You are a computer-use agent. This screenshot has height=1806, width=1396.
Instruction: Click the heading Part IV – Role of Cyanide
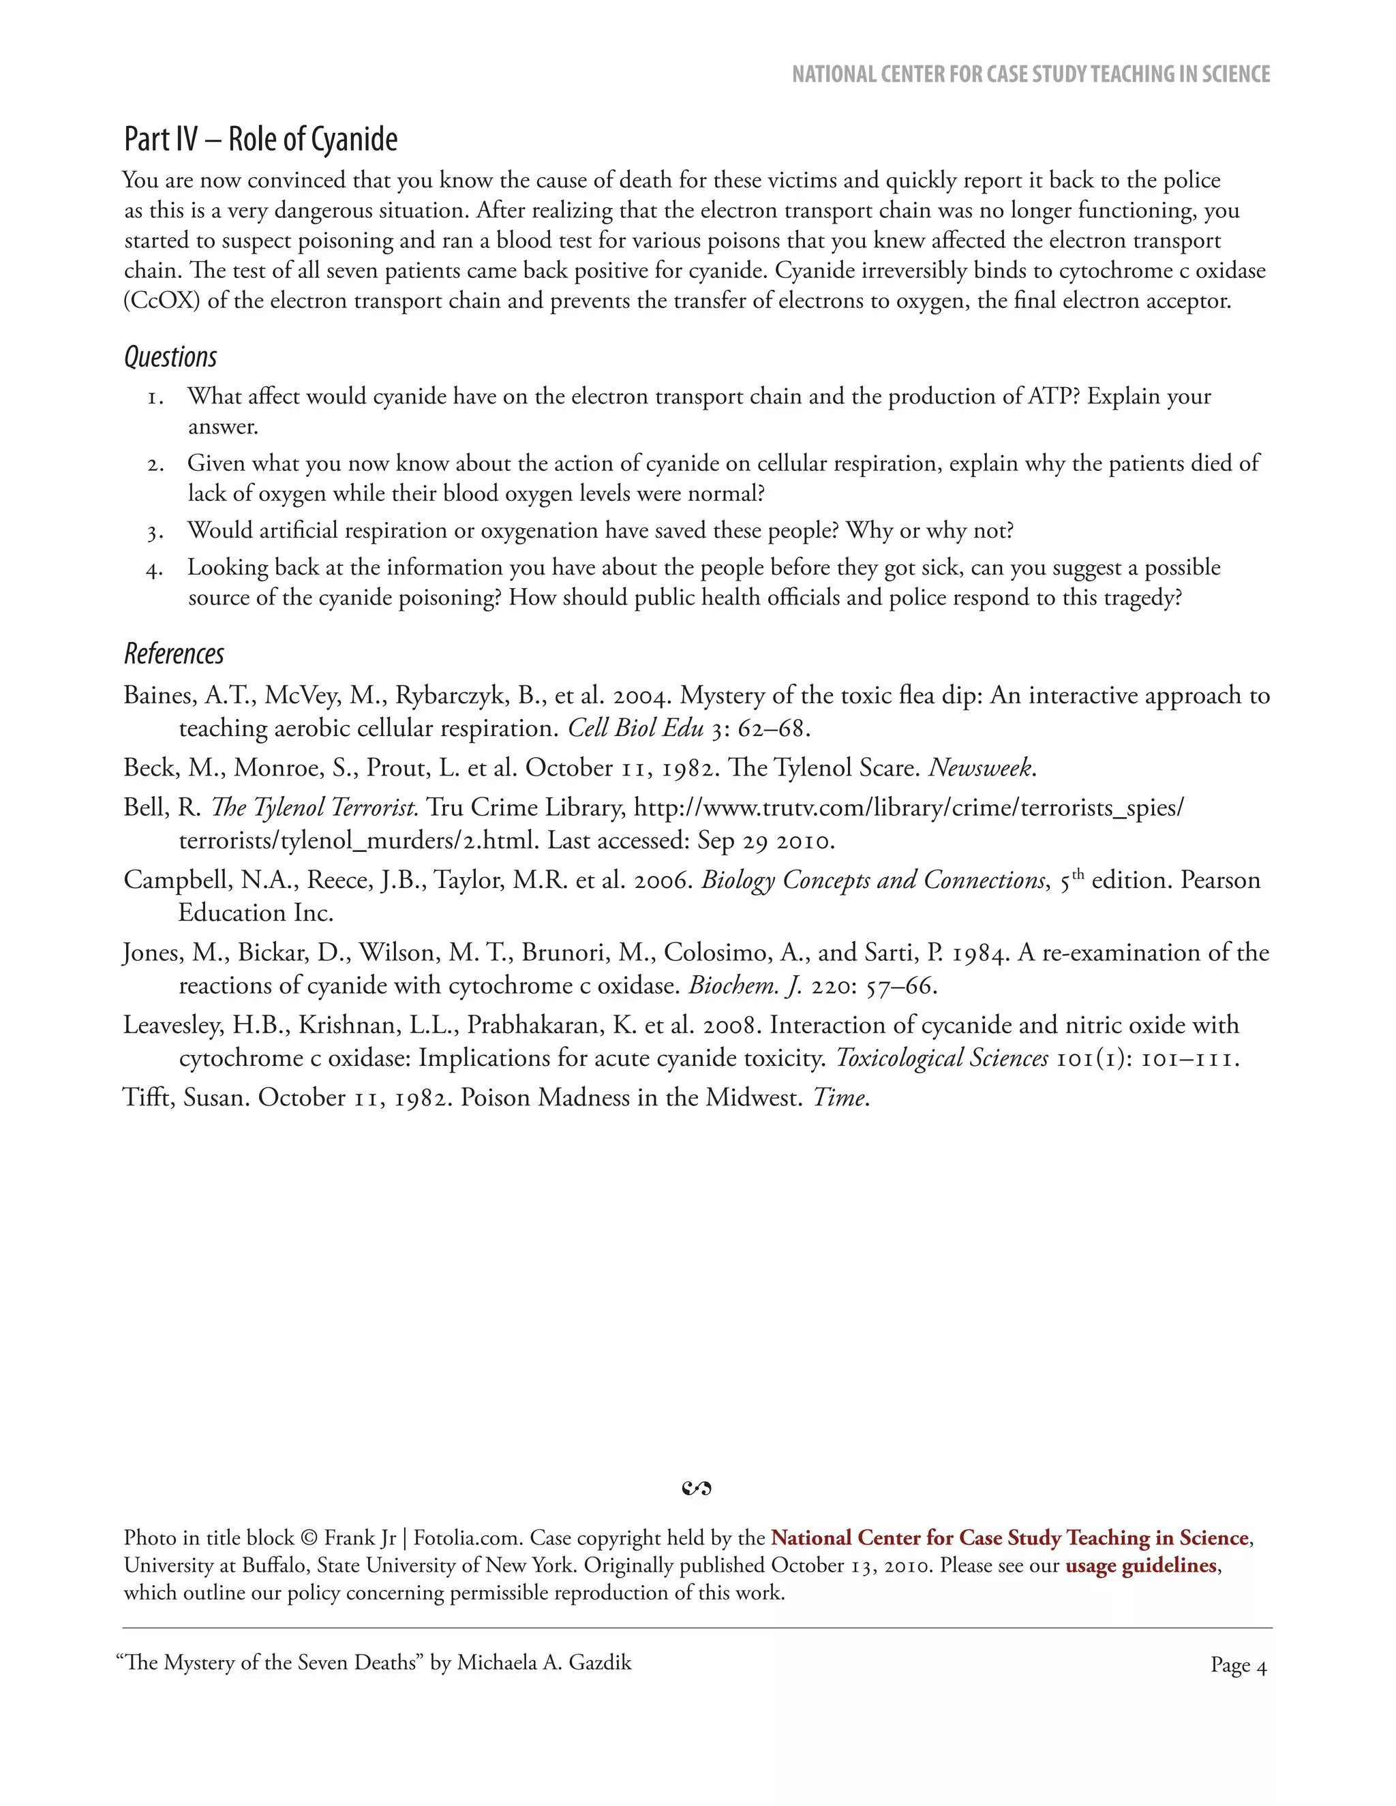tap(260, 139)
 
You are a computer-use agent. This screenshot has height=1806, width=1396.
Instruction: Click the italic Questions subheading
tap(170, 357)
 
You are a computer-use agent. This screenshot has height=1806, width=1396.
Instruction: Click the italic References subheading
tap(174, 654)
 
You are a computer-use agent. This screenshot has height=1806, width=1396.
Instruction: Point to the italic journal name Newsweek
tap(981, 768)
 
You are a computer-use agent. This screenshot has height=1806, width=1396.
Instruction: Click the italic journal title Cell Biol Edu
tap(635, 729)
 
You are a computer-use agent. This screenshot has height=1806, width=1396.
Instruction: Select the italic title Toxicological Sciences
tap(942, 1058)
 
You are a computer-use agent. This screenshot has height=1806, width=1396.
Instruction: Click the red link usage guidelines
tap(1140, 1565)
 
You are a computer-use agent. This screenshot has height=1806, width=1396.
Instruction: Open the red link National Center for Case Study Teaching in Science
tap(1009, 1538)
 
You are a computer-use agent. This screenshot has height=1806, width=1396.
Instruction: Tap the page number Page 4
tap(1238, 1666)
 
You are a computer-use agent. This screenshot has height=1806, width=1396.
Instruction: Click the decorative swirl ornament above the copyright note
tap(697, 1489)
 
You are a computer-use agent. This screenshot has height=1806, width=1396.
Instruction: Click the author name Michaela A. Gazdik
tap(544, 1663)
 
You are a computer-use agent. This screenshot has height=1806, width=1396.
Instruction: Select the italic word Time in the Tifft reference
tap(839, 1098)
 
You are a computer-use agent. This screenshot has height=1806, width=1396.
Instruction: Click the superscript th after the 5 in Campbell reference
tap(1078, 872)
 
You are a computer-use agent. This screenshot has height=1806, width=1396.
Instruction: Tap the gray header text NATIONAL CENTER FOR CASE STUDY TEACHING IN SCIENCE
tap(1031, 74)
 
